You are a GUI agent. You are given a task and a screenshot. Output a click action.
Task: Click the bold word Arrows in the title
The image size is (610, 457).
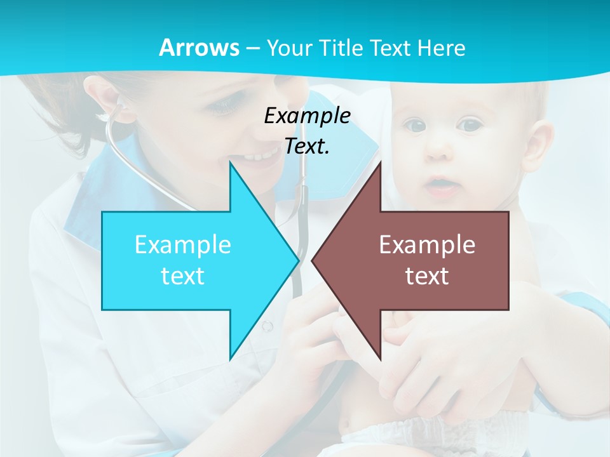[200, 48]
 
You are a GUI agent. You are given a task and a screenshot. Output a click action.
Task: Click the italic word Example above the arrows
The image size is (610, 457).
[307, 116]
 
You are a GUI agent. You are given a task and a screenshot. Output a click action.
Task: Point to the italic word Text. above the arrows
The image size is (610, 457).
[307, 146]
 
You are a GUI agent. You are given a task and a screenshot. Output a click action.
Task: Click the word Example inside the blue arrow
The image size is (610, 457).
[182, 245]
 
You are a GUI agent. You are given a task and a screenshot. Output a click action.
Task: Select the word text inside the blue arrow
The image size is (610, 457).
[182, 276]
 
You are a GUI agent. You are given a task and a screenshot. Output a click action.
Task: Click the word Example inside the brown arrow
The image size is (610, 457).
[427, 245]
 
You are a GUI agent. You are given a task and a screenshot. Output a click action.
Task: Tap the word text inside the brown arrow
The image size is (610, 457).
[427, 276]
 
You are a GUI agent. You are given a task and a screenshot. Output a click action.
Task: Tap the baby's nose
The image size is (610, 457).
[438, 152]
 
